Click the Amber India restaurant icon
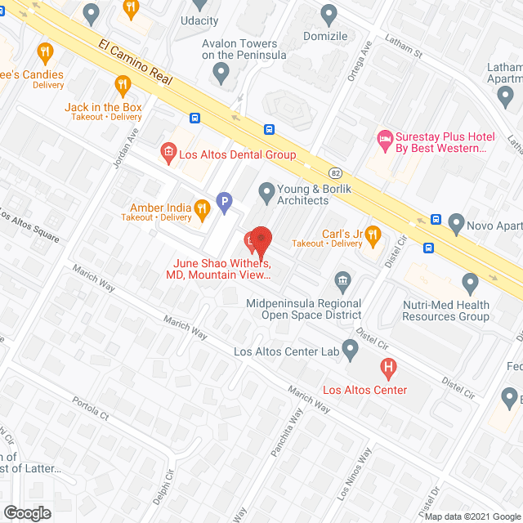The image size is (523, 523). pos(201,212)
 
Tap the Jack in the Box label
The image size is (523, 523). pos(103,107)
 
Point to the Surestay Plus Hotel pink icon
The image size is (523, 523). pos(384,139)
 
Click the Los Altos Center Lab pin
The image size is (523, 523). pos(351,351)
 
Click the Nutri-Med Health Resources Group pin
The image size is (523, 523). pos(470,284)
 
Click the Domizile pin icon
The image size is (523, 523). pos(329,14)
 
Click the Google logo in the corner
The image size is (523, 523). pos(26,512)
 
